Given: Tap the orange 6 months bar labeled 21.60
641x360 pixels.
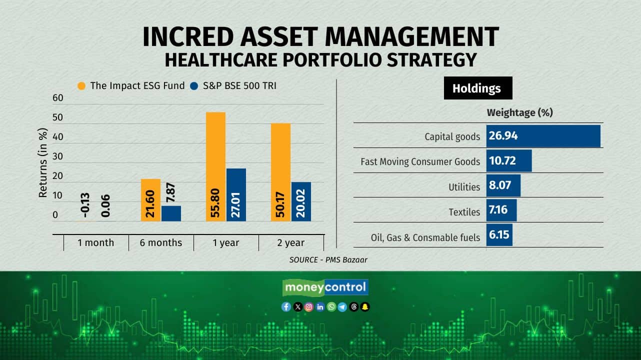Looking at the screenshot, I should [150, 200].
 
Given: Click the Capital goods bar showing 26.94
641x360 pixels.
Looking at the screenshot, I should [543, 136].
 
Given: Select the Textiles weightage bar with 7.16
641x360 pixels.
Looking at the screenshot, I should [501, 210].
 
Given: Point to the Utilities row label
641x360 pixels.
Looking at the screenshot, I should [464, 187].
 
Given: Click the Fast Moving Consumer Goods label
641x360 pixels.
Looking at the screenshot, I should [420, 161].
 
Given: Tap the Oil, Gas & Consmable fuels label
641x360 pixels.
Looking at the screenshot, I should [425, 237].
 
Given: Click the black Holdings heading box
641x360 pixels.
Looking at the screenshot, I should [477, 88].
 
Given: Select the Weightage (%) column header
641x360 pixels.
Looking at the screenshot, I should [519, 112].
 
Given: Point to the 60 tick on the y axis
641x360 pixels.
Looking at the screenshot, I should [58, 97].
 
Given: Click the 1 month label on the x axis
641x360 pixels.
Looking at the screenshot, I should [95, 243].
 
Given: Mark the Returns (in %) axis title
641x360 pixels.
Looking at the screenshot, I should [43, 163].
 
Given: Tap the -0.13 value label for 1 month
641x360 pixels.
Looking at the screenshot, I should [85, 205].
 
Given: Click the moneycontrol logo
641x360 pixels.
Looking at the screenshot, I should [325, 287].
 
